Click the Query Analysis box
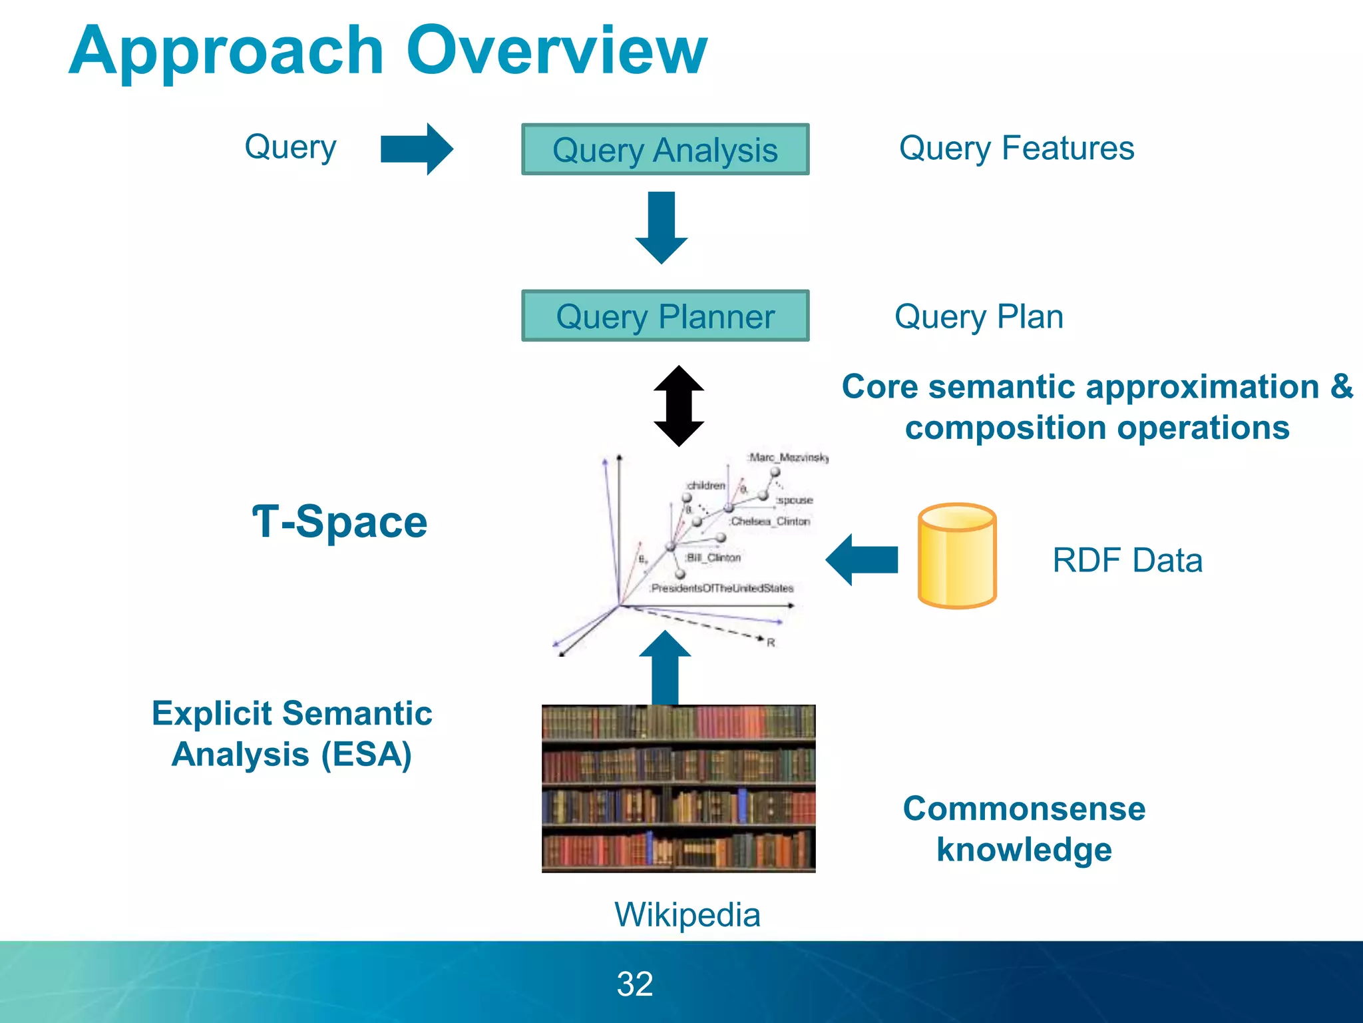(665, 150)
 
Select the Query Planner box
(665, 316)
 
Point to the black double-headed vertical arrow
(679, 406)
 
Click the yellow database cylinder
(956, 555)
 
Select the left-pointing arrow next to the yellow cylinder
(862, 559)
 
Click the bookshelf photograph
(678, 789)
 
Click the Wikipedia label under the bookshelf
(687, 914)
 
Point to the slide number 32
(635, 984)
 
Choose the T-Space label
(339, 521)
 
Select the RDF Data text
(1127, 560)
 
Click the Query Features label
(1016, 149)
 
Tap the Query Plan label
(978, 317)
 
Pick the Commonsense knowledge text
(1024, 829)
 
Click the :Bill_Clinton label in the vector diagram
(713, 557)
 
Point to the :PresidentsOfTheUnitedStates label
(721, 588)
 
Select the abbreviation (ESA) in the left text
(366, 755)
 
